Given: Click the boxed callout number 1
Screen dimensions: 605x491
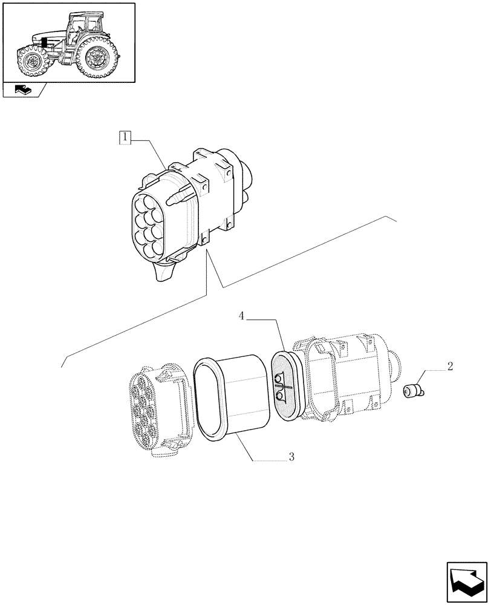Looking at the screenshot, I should point(125,138).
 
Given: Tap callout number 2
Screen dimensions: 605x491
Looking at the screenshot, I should point(450,367).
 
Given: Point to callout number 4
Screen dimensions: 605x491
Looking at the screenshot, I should point(241,316).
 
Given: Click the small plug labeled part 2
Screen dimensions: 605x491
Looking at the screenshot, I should point(414,391).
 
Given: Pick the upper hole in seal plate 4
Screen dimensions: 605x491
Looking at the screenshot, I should point(279,379).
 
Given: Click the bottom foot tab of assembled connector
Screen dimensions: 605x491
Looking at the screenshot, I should point(163,273).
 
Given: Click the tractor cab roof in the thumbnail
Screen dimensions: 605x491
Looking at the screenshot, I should point(85,15).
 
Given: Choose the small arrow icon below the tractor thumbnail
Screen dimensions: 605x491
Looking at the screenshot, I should point(24,91).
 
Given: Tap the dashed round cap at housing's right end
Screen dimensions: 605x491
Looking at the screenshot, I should point(395,365).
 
